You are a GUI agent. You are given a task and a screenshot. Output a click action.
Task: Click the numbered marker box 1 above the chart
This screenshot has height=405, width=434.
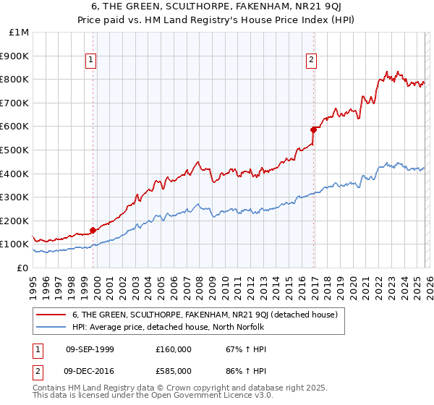pyautogui.click(x=92, y=61)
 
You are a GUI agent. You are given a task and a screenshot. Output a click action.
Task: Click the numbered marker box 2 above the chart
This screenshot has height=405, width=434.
pyautogui.click(x=311, y=61)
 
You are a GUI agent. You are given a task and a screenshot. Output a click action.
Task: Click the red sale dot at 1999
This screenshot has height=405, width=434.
pyautogui.click(x=93, y=231)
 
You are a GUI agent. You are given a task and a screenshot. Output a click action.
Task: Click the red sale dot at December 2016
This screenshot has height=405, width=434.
pyautogui.click(x=313, y=130)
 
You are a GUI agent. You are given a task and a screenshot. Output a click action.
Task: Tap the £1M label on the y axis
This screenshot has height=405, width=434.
pyautogui.click(x=20, y=33)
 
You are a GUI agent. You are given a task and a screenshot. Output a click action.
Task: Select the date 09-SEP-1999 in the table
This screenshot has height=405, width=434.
pyautogui.click(x=90, y=349)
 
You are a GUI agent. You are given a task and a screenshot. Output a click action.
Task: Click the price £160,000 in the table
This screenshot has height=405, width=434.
pyautogui.click(x=173, y=349)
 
